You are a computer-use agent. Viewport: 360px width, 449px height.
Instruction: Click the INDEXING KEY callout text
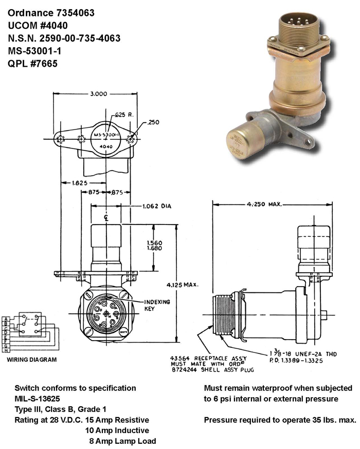pyautogui.click(x=157, y=305)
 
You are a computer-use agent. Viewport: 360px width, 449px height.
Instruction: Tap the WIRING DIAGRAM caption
pyautogui.click(x=32, y=360)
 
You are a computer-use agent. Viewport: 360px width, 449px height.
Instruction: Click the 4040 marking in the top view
pyautogui.click(x=105, y=146)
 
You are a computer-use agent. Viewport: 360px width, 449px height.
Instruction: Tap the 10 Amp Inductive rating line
pyautogui.click(x=117, y=430)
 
